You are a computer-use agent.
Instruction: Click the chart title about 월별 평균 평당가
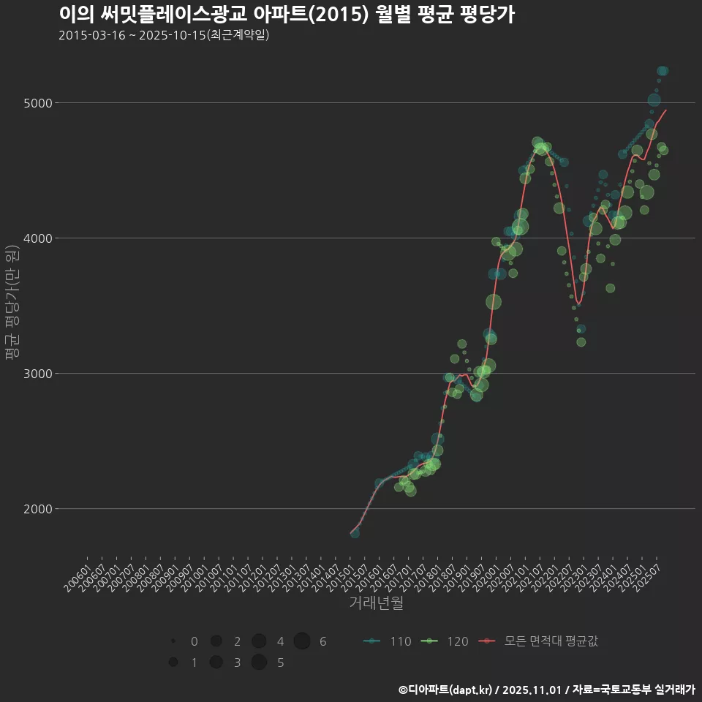(x=286, y=15)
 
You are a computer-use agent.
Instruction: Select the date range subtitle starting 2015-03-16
(x=164, y=35)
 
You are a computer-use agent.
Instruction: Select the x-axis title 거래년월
(x=376, y=603)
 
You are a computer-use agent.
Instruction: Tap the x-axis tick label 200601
(x=78, y=573)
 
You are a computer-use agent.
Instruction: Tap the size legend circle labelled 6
(x=302, y=641)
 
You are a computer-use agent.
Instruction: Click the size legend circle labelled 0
(x=173, y=641)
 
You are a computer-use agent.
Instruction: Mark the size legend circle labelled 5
(x=259, y=663)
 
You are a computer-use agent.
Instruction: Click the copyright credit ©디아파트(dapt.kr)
(x=445, y=690)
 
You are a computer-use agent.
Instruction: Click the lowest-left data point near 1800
(x=355, y=534)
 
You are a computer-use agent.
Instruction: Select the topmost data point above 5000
(x=663, y=71)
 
